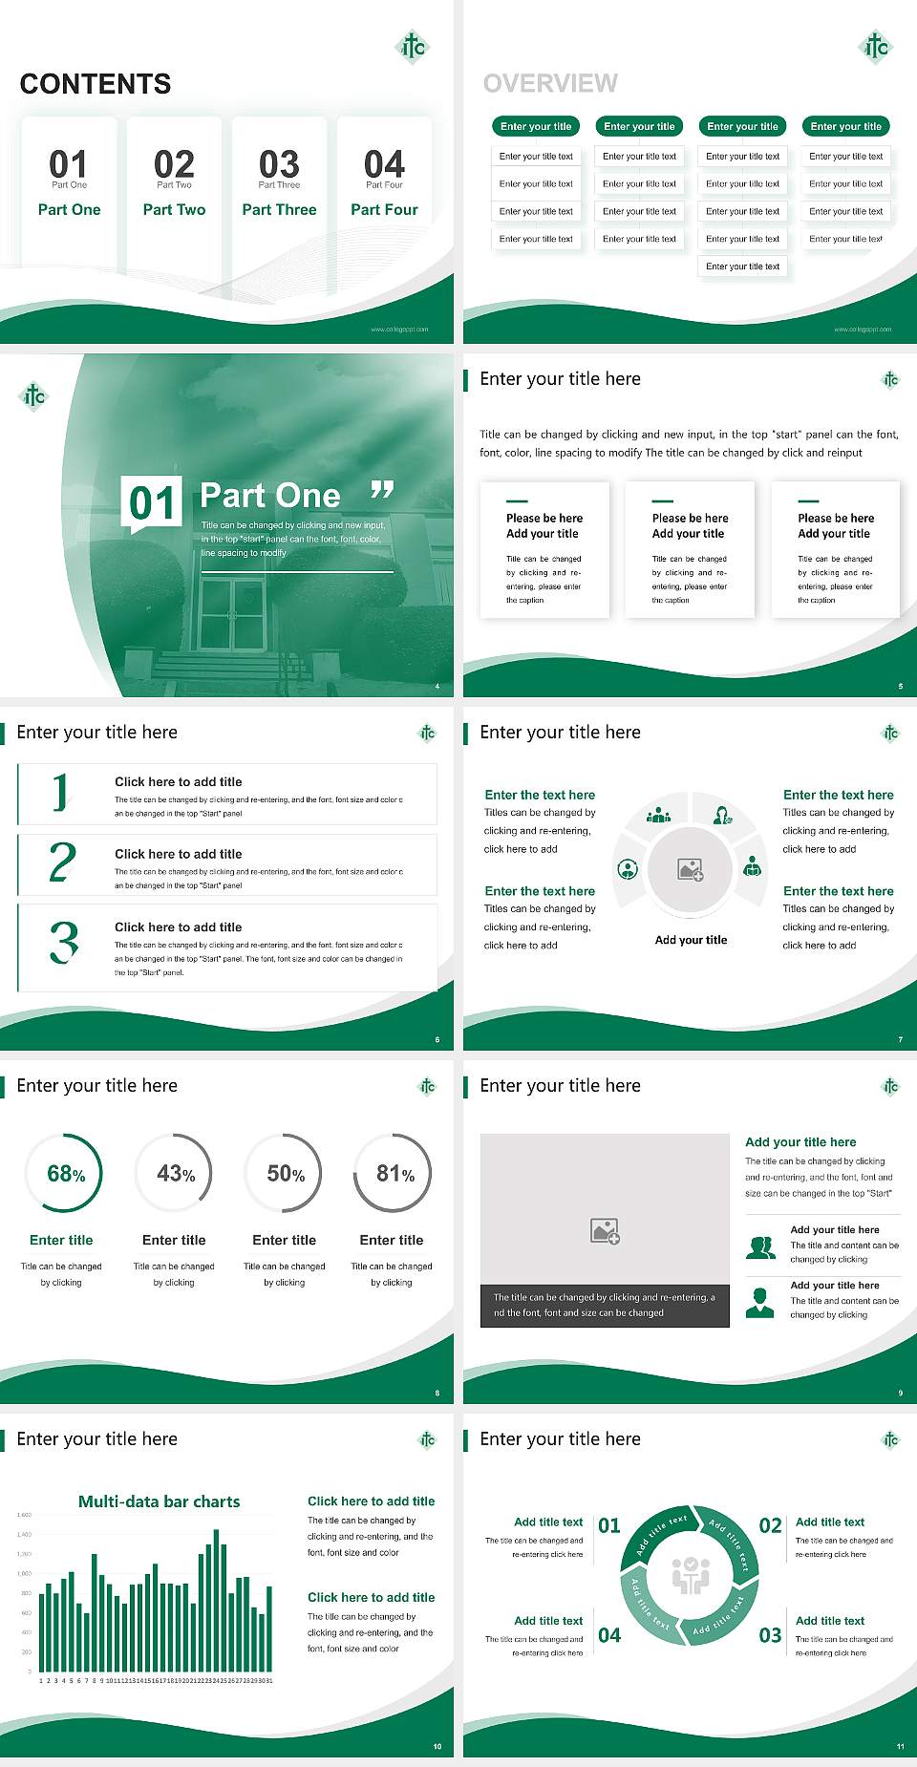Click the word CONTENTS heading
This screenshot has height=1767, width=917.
point(96,84)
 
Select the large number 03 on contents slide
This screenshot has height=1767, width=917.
point(279,164)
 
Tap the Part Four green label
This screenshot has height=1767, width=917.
point(384,209)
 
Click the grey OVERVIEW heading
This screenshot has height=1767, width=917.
point(550,84)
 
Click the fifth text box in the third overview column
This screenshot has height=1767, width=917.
point(743,266)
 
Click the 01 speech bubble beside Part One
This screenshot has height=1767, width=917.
point(153,502)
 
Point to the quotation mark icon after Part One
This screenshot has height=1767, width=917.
point(382,491)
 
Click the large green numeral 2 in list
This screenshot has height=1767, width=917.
point(62,862)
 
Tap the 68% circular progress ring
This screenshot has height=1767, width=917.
point(66,1173)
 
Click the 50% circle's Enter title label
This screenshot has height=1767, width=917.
point(284,1240)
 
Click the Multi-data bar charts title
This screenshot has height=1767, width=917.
point(159,1501)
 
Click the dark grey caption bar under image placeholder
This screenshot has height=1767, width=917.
point(605,1306)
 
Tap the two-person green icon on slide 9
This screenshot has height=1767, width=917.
point(760,1247)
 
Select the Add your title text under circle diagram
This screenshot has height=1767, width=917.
point(691,940)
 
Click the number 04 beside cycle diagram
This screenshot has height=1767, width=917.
point(609,1635)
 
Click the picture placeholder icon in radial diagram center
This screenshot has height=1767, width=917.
point(691,869)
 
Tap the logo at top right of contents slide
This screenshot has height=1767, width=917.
point(413,46)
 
